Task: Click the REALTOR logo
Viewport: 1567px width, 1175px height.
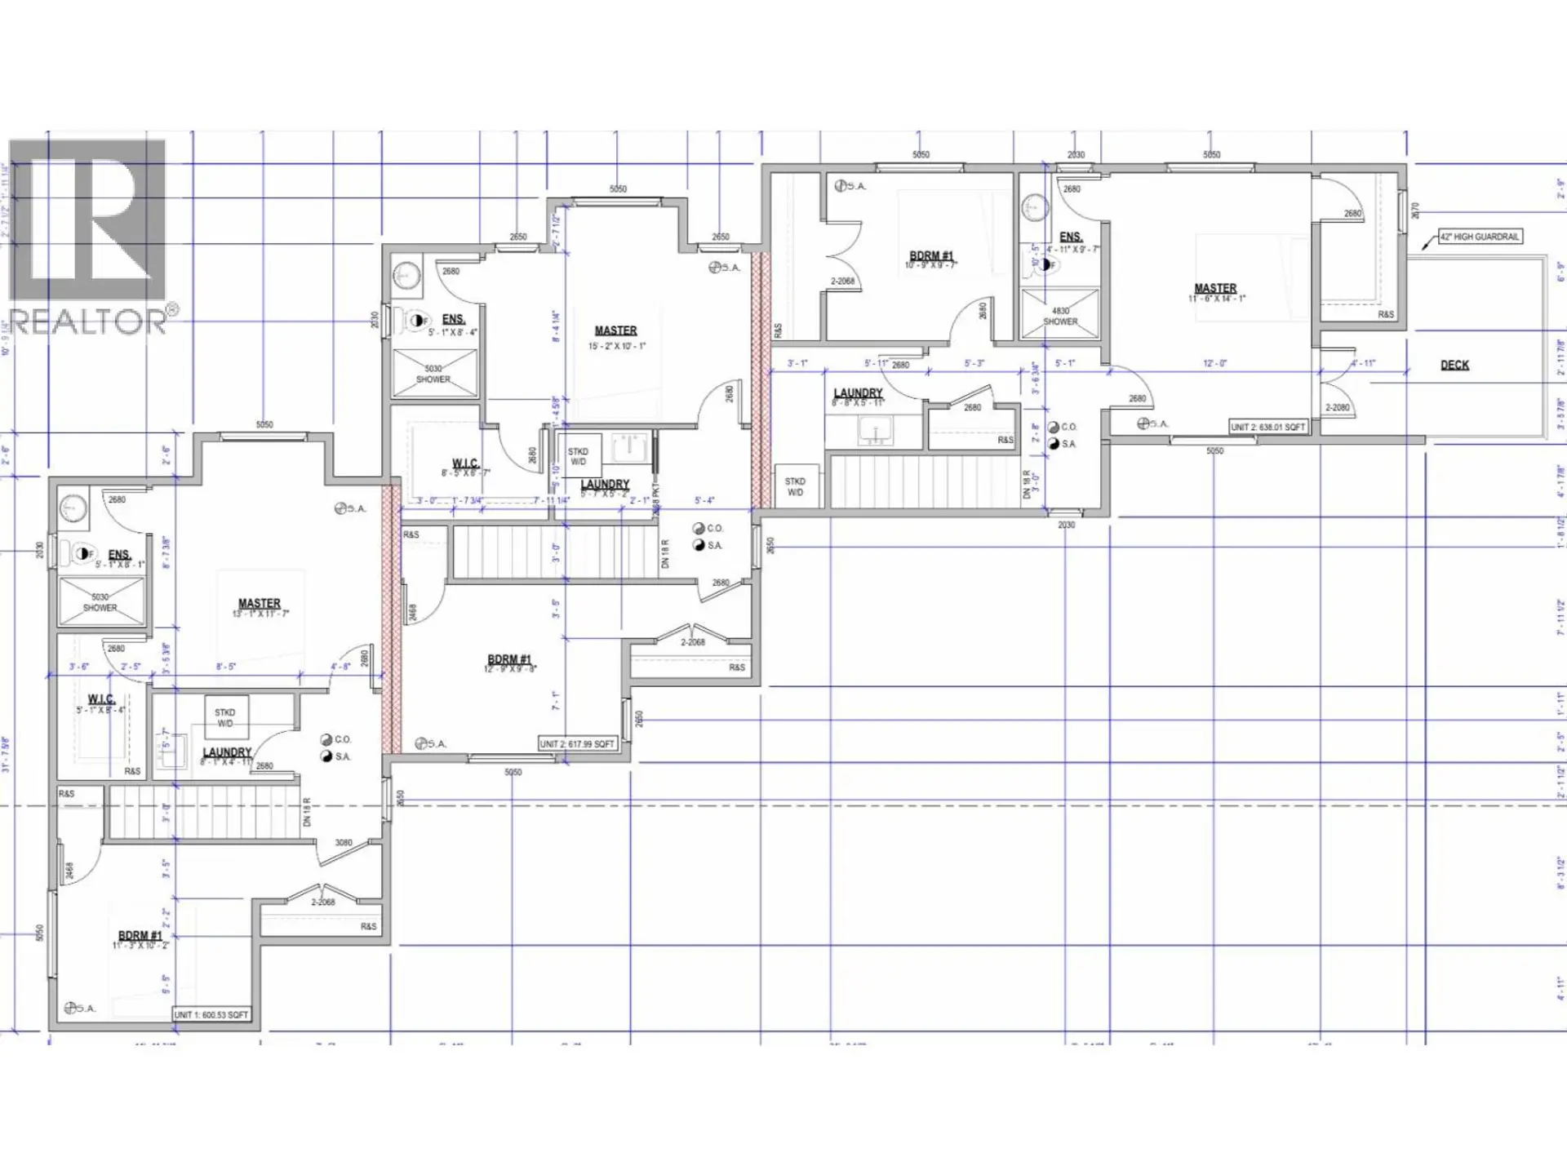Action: [88, 237]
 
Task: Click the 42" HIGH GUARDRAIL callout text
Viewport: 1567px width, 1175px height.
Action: [1479, 237]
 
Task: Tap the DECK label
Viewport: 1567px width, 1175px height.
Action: [1454, 365]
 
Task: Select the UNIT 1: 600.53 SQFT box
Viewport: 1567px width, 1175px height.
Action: [211, 1014]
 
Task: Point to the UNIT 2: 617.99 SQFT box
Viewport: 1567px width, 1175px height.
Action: [577, 743]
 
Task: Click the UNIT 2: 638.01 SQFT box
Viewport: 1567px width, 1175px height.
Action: [1267, 427]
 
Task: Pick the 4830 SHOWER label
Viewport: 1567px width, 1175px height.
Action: [1060, 317]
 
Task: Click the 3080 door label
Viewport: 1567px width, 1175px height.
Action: [344, 843]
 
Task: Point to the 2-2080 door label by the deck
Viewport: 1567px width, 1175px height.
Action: [1337, 407]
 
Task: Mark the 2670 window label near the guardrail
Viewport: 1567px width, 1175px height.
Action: [1416, 211]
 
